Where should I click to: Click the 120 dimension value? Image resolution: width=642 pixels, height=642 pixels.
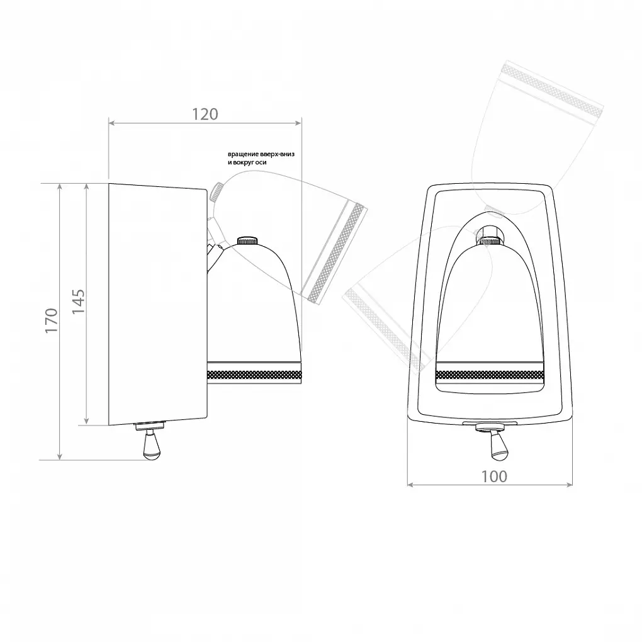(x=205, y=114)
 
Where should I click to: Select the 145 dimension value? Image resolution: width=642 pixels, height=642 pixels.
(x=78, y=301)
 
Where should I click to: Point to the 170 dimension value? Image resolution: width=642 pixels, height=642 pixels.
(x=51, y=320)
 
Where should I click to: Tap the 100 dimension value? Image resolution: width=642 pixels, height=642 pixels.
(x=494, y=476)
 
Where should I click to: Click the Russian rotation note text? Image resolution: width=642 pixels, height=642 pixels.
(x=261, y=159)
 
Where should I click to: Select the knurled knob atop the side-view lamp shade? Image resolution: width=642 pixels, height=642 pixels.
(x=247, y=240)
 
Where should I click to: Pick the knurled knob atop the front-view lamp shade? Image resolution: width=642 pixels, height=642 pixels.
(x=490, y=240)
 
